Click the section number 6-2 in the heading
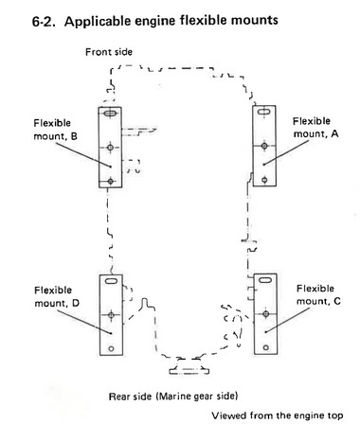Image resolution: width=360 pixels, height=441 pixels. [43, 22]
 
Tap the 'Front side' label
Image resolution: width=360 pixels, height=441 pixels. [109, 52]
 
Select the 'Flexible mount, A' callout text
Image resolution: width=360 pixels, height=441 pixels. [315, 128]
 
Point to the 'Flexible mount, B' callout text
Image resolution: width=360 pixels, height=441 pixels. [56, 130]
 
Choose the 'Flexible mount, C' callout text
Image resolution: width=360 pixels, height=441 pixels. [318, 294]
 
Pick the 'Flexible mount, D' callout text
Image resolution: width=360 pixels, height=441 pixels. [57, 296]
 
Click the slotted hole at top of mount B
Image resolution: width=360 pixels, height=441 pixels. [110, 113]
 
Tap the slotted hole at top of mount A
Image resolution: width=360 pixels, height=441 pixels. [264, 112]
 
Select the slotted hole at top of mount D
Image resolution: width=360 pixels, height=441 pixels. [111, 280]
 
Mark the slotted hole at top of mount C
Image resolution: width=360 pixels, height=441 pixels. [265, 279]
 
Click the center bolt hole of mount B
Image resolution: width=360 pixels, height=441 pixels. [110, 148]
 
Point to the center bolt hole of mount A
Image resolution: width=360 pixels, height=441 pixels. [264, 146]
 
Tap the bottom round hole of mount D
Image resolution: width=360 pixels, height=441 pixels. [111, 348]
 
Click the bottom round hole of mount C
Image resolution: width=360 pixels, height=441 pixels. [266, 347]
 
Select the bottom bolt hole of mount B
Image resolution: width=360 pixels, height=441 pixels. [110, 182]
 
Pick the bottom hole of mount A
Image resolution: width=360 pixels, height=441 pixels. [264, 180]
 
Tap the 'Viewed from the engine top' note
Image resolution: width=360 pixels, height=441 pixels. [278, 415]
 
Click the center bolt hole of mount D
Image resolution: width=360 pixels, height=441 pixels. [111, 315]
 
